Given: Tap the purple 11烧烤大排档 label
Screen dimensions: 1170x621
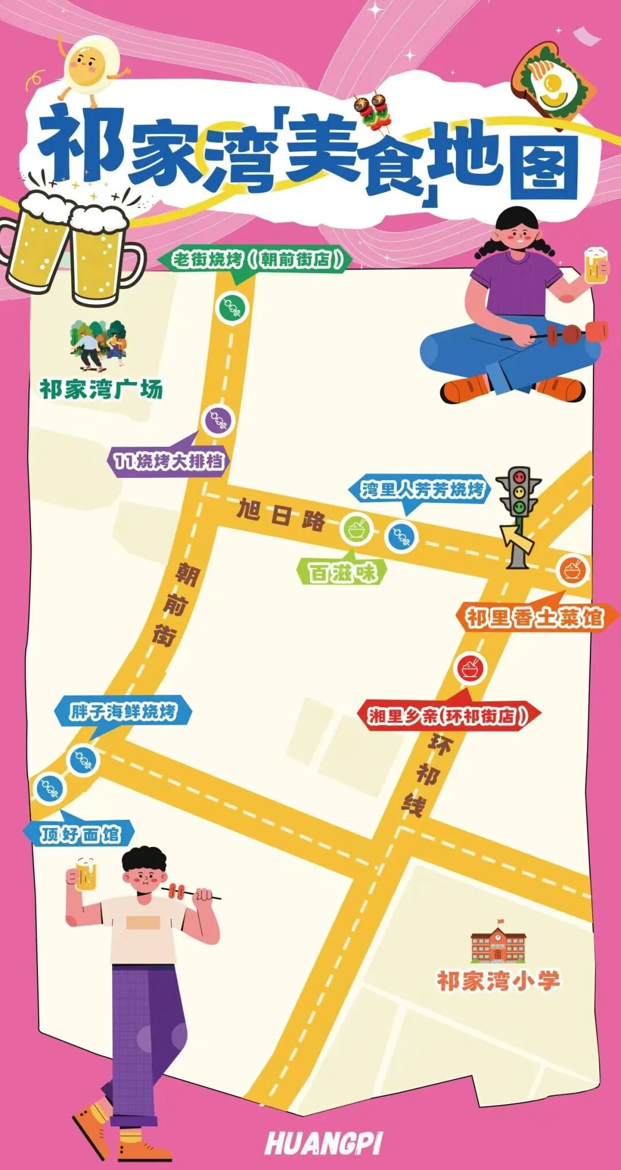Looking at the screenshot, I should coord(168,461).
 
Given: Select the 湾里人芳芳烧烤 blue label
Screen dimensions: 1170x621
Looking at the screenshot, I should coord(421,489).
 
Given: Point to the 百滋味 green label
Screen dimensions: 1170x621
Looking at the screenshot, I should coord(343,573).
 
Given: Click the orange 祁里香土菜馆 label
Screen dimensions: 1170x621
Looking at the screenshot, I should coord(534,618).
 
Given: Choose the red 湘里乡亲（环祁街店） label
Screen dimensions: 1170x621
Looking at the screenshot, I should coord(448,716).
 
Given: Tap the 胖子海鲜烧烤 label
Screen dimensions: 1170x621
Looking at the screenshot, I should coord(123,712).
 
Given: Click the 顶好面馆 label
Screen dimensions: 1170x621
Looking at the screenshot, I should coord(79,834).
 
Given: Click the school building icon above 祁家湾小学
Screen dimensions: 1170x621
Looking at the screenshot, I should coord(498,940).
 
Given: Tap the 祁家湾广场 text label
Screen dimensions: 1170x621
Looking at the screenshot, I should coord(101,389).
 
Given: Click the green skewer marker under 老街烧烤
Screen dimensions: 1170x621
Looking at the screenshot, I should coord(232,307).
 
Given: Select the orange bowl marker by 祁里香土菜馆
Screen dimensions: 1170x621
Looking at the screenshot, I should coord(573,570).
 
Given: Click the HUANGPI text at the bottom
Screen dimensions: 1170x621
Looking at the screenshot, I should coord(324,1143).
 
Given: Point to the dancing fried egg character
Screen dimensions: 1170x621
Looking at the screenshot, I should coord(91,64).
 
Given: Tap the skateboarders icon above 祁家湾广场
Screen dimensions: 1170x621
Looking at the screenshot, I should coord(98,346).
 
